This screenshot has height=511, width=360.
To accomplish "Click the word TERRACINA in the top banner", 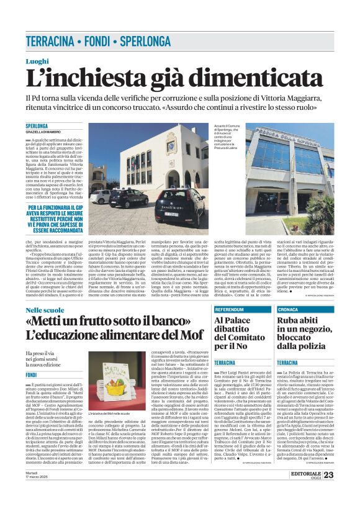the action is [x=49, y=42].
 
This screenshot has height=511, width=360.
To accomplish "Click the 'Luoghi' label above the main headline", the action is [x=37, y=60].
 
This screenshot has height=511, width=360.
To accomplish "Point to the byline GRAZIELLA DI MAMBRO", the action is [x=43, y=132].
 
